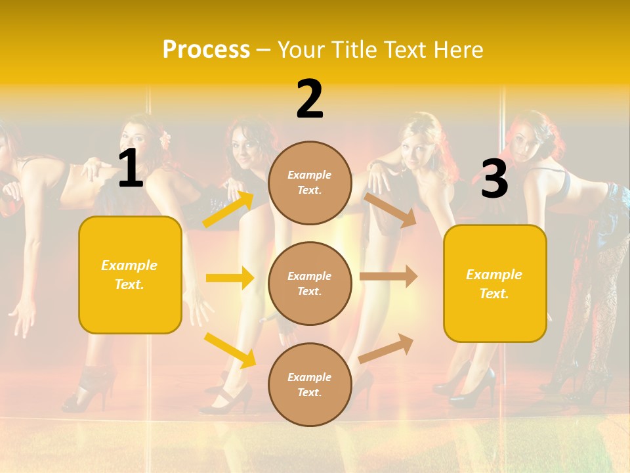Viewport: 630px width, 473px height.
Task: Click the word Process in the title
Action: [x=206, y=50]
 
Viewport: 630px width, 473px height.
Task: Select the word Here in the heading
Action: [x=457, y=50]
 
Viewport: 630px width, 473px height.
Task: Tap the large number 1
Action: [x=131, y=169]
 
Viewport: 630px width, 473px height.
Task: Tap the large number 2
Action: [x=310, y=99]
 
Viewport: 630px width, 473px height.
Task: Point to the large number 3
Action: [x=494, y=179]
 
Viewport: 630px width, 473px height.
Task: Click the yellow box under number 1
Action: [x=130, y=275]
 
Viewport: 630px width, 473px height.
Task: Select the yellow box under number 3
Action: [x=495, y=283]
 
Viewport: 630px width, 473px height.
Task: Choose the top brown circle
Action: [x=310, y=183]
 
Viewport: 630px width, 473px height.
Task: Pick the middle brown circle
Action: [x=310, y=283]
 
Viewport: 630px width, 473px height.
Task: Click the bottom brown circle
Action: [x=310, y=384]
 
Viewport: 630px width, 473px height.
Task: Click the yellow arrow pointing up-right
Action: [x=228, y=209]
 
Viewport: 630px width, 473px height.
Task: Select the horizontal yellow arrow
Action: [x=230, y=278]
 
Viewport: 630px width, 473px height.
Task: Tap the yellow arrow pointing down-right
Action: [x=230, y=350]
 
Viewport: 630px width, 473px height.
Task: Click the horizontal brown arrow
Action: [x=388, y=277]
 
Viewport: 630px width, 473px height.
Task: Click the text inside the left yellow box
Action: [x=129, y=275]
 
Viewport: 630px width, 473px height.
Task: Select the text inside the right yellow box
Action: [x=494, y=284]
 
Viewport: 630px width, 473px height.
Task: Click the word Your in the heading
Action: [x=303, y=50]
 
